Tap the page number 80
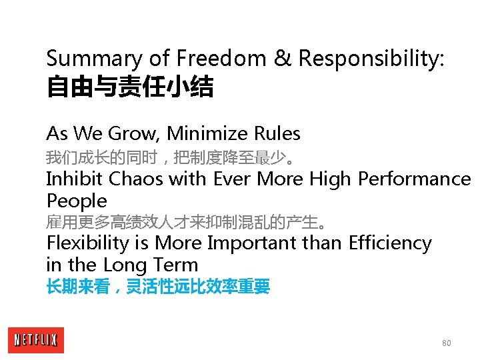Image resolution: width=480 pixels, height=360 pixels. coord(446,343)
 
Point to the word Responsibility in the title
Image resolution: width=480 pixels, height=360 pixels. coord(371,59)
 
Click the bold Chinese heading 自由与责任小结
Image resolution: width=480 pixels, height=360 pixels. coord(129,87)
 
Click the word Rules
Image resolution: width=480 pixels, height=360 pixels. coord(277,134)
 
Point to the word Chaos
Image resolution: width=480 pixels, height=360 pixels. coord(134,179)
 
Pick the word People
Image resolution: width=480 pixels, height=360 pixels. coord(77,201)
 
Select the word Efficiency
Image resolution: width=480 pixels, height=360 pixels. coord(390,243)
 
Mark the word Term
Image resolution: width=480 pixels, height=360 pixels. coord(175,265)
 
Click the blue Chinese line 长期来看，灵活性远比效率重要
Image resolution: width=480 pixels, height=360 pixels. coord(158,287)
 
